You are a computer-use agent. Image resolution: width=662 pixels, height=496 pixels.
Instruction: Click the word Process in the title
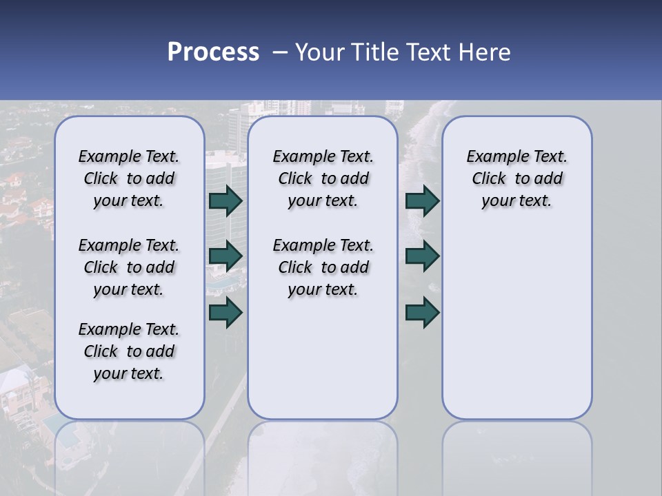click(x=213, y=52)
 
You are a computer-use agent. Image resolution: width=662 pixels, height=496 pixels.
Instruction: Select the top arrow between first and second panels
click(x=225, y=200)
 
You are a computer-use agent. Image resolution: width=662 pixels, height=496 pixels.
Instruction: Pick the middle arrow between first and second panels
click(x=225, y=256)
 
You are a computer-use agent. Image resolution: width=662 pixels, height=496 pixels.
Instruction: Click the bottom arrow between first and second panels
click(x=225, y=312)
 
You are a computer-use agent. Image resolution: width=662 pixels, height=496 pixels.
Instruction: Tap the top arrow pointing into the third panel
click(x=422, y=200)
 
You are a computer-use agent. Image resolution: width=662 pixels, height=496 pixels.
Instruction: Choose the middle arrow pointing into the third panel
click(x=422, y=256)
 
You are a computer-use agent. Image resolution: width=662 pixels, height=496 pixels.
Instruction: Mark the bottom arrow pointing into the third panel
click(x=422, y=312)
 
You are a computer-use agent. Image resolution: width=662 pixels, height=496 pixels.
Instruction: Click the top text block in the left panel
click(x=129, y=178)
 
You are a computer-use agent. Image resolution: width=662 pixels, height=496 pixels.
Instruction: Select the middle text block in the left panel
click(x=129, y=267)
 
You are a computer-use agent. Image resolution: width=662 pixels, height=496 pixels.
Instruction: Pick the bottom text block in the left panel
click(x=129, y=351)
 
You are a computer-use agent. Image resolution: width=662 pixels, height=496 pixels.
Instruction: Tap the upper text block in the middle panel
click(x=323, y=178)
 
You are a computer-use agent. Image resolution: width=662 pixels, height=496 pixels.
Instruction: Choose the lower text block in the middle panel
click(x=323, y=267)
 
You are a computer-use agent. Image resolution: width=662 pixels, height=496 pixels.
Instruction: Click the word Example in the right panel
click(x=493, y=157)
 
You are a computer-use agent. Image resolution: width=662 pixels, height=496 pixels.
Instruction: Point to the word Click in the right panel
click(x=489, y=179)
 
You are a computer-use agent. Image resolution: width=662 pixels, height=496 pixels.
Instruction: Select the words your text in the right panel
click(x=516, y=201)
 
